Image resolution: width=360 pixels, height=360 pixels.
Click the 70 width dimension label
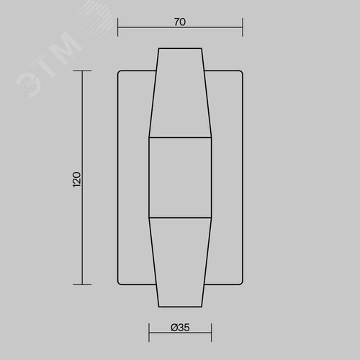coord(180,22)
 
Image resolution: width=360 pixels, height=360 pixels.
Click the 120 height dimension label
coord(77,179)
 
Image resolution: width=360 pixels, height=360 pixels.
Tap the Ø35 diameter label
coord(180,328)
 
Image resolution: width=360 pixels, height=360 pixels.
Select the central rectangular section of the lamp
coord(180,178)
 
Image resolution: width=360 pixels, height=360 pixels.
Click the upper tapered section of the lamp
coord(180,93)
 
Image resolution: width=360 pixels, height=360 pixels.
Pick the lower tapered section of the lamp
coord(180,262)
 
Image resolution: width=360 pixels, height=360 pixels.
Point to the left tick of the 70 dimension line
coord(117,27)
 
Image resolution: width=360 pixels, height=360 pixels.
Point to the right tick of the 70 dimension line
coord(243,27)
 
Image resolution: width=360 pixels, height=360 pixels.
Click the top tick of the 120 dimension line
coord(82,71)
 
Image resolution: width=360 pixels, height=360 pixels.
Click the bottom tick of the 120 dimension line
coord(82,284)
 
